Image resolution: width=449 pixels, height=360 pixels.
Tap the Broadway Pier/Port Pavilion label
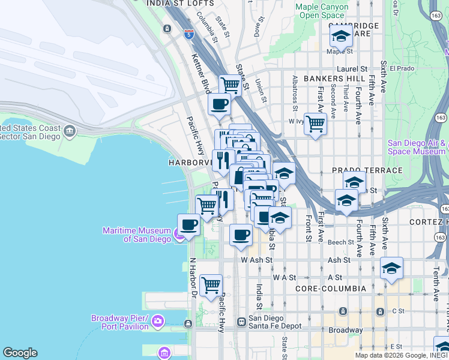119,322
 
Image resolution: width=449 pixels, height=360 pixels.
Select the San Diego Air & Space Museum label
417,147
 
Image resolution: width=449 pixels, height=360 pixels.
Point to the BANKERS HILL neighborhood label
335,79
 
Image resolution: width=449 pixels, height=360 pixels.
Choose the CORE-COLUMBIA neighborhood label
330,289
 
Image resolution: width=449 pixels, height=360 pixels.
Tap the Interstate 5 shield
189,34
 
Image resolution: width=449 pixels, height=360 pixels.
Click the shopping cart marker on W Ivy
315,125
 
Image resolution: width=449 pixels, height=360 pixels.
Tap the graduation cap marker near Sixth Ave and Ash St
391,268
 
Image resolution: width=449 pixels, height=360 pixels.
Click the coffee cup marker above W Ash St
241,235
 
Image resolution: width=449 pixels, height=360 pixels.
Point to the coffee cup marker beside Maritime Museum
189,225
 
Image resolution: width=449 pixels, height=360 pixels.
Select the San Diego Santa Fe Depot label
267,322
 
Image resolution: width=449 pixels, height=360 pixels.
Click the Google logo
20,353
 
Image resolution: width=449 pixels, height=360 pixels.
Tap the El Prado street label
402,68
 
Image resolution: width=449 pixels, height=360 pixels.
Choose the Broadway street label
345,330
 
